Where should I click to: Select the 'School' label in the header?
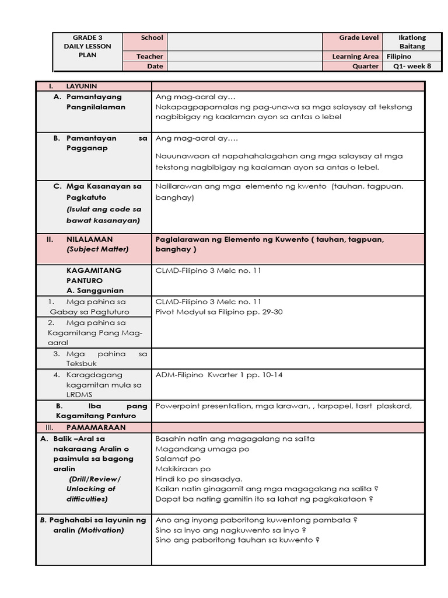pyautogui.click(x=152, y=38)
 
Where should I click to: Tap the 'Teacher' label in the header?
pyautogui.click(x=150, y=57)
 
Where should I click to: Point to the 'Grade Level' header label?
pyautogui.click(x=359, y=38)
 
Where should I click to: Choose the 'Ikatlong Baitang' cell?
pyautogui.click(x=412, y=42)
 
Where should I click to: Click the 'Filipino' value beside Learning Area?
pyautogui.click(x=398, y=57)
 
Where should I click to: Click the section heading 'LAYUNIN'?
pyautogui.click(x=82, y=86)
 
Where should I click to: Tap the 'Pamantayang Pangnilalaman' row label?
pyautogui.click(x=96, y=102)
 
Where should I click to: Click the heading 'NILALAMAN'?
pyautogui.click(x=89, y=239)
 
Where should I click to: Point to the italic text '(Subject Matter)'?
pyautogui.click(x=97, y=249)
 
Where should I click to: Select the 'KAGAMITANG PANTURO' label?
pyautogui.click(x=94, y=275)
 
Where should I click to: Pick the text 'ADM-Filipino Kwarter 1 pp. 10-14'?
pyautogui.click(x=219, y=375)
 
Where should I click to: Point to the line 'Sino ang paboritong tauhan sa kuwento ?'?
pyautogui.click(x=237, y=540)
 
